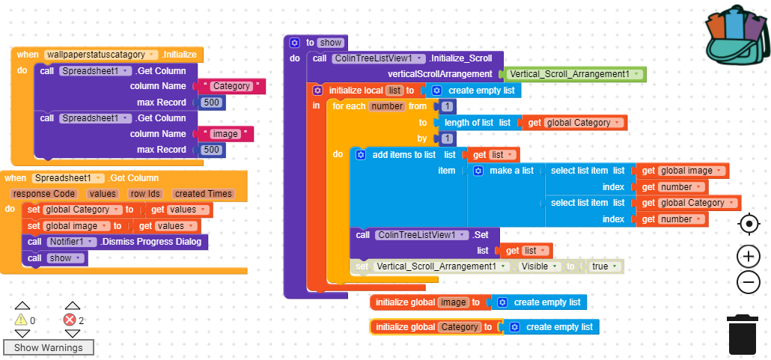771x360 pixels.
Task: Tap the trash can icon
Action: [742, 335]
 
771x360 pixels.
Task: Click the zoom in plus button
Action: [749, 256]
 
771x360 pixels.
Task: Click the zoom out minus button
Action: [749, 282]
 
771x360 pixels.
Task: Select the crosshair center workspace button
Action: [749, 225]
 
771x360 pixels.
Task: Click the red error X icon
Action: [70, 320]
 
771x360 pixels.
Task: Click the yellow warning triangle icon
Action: [21, 320]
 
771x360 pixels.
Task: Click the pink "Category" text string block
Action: [231, 86]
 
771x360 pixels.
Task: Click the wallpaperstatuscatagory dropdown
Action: [101, 55]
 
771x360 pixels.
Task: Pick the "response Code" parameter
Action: [44, 194]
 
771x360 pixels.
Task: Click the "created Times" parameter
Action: [204, 194]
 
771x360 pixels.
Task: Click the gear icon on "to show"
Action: [294, 43]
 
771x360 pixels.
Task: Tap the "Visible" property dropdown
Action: [540, 266]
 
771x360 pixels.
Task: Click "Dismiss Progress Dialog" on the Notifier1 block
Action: [151, 242]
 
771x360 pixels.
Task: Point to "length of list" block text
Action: [469, 123]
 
